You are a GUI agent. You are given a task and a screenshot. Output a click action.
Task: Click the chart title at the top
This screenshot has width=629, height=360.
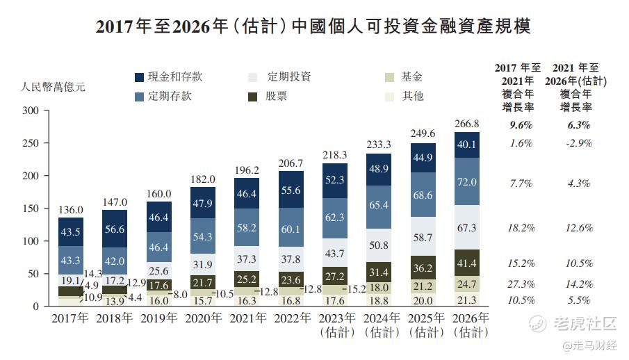click(x=313, y=27)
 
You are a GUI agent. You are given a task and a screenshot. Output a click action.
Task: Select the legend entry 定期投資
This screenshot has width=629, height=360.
click(x=289, y=77)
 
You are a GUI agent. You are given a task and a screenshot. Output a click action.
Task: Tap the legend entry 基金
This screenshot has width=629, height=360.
click(x=411, y=77)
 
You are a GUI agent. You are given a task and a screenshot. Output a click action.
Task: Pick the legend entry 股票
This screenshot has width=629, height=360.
click(x=276, y=97)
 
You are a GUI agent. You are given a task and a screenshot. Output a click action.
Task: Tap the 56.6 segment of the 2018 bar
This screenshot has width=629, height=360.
click(x=115, y=229)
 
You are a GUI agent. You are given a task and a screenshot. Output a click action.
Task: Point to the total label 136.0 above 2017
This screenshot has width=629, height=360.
click(x=71, y=209)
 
